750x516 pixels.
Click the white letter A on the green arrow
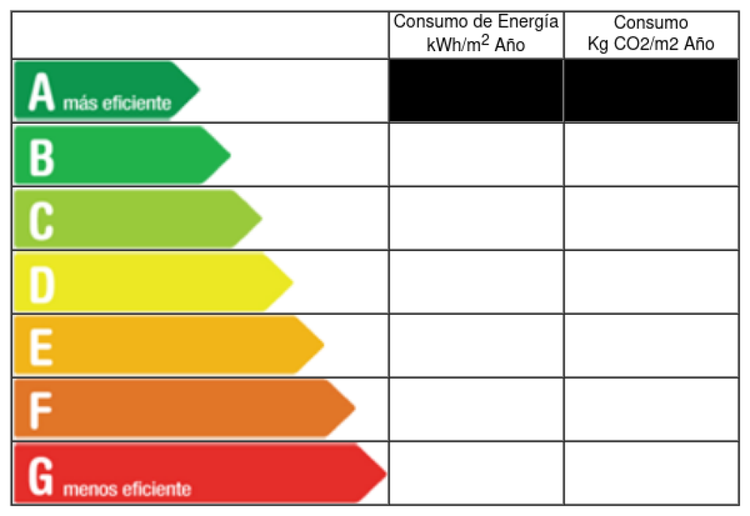pyautogui.click(x=42, y=91)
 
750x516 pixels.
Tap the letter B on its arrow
pyautogui.click(x=41, y=154)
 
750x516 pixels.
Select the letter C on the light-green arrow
pyautogui.click(x=41, y=218)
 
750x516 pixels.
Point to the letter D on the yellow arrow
pyautogui.click(x=42, y=282)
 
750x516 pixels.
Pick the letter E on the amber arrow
pyautogui.click(x=41, y=345)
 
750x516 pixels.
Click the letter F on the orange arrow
pyautogui.click(x=41, y=409)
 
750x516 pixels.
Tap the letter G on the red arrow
pyautogui.click(x=42, y=474)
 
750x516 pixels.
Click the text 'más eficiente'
pyautogui.click(x=117, y=103)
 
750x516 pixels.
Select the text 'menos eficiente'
pyautogui.click(x=127, y=488)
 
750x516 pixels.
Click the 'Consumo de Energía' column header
pyautogui.click(x=476, y=23)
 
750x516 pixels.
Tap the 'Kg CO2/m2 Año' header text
pyautogui.click(x=651, y=44)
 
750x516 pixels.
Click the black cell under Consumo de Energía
pyautogui.click(x=476, y=91)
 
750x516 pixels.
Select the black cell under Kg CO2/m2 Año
pyautogui.click(x=651, y=91)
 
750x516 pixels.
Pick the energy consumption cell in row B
pyautogui.click(x=476, y=154)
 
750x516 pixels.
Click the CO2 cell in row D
pyautogui.click(x=651, y=282)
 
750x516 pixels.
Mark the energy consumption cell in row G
pyautogui.click(x=476, y=474)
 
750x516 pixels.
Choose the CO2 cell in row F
pyautogui.click(x=651, y=409)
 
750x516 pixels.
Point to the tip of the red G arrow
pyautogui.click(x=384, y=474)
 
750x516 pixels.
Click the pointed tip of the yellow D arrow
pyautogui.click(x=291, y=282)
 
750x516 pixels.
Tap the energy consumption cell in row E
pyautogui.click(x=476, y=345)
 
